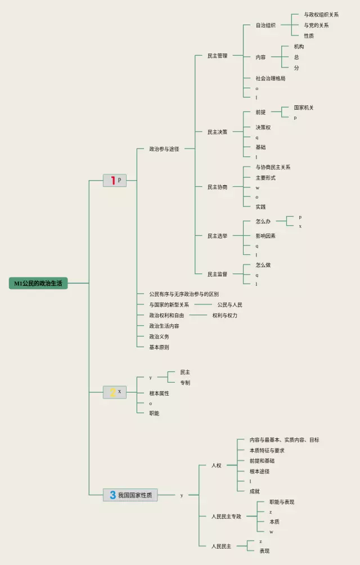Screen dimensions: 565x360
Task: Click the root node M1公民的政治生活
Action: pos(38,283)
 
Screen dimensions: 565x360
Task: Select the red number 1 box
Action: pos(115,181)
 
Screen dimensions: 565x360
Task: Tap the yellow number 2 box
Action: pos(115,392)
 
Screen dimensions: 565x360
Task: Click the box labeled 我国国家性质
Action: pos(130,495)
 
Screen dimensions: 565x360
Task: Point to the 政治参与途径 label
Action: pos(164,149)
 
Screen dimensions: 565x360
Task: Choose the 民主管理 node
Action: pos(217,56)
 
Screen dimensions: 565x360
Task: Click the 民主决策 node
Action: pos(217,132)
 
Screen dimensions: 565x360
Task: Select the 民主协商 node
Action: pos(217,187)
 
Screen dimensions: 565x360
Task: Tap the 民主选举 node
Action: pos(217,236)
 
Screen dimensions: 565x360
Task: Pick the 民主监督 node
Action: pos(217,274)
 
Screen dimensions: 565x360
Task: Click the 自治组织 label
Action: pos(265,25)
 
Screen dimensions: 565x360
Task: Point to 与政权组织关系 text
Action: pos(321,15)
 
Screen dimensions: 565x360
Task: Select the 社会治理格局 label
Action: pos(270,78)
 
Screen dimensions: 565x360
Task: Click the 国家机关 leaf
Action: pos(304,107)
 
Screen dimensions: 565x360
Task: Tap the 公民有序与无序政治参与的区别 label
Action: pos(184,294)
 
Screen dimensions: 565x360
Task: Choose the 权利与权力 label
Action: pos(225,316)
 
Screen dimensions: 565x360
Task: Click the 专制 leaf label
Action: pos(185,383)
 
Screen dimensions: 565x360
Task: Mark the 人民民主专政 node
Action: pos(226,516)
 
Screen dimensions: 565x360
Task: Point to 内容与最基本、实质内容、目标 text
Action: pos(284,440)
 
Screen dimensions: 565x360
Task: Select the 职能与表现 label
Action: pos(282,502)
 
